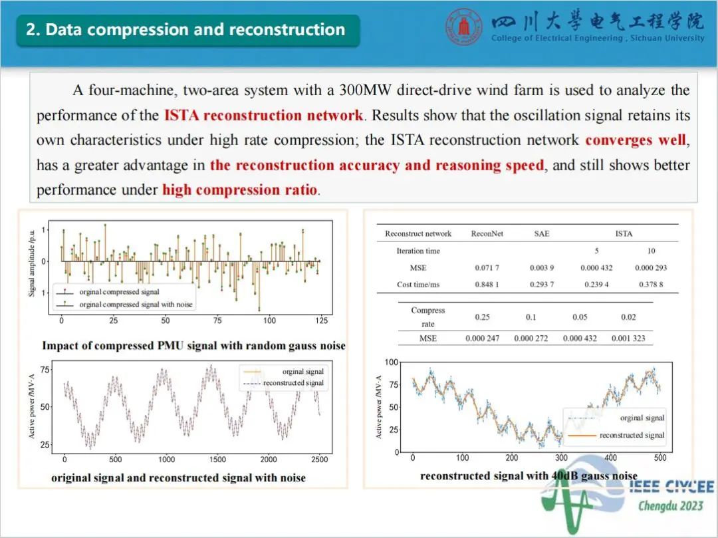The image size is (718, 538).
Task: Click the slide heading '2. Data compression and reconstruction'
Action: [185, 30]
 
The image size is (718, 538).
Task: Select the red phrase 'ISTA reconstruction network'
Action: [264, 115]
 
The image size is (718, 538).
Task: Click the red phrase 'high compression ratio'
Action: [240, 190]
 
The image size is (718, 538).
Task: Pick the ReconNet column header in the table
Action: [487, 233]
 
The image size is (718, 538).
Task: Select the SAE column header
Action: [541, 233]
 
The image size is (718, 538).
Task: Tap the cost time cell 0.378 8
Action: [650, 285]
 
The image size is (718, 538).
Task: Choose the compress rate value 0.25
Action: [482, 317]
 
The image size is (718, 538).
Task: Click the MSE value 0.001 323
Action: [628, 338]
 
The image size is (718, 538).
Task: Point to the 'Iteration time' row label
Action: [418, 251]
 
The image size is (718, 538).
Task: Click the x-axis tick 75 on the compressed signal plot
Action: [217, 321]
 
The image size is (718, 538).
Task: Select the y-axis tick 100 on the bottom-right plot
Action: [392, 362]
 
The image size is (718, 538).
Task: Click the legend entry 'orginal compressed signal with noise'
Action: [135, 304]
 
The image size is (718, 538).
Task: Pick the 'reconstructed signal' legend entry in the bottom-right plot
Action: [631, 435]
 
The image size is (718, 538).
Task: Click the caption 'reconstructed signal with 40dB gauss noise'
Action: [529, 476]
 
